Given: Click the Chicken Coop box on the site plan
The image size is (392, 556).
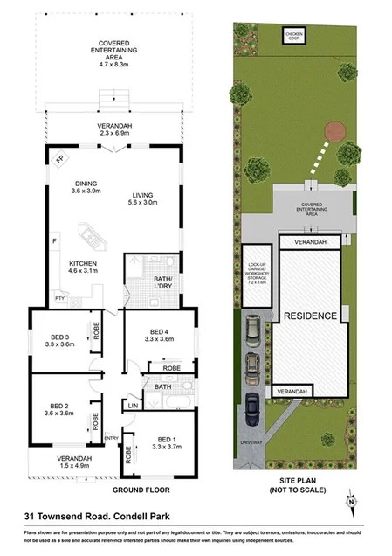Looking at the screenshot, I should pyautogui.click(x=292, y=35).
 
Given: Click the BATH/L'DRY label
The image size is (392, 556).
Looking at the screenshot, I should pyautogui.click(x=155, y=281).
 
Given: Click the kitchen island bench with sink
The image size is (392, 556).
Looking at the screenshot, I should pyautogui.click(x=90, y=234).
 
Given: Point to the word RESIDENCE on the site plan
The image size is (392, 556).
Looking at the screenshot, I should pyautogui.click(x=309, y=316).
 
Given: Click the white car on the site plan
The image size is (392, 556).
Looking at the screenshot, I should pyautogui.click(x=251, y=328).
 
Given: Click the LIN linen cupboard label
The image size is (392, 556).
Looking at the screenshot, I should pyautogui.click(x=134, y=406).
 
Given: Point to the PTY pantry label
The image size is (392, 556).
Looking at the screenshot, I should pyautogui.click(x=60, y=298).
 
